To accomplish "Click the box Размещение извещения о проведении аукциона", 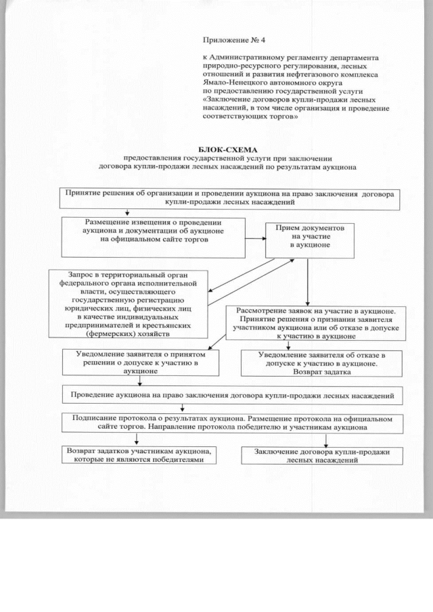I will tap(153, 236).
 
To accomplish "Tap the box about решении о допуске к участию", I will tap(141, 362).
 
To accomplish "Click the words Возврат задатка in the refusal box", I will tap(307, 372).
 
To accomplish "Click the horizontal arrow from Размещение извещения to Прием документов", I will tap(254, 239).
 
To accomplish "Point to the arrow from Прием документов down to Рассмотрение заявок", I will tap(308, 281).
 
